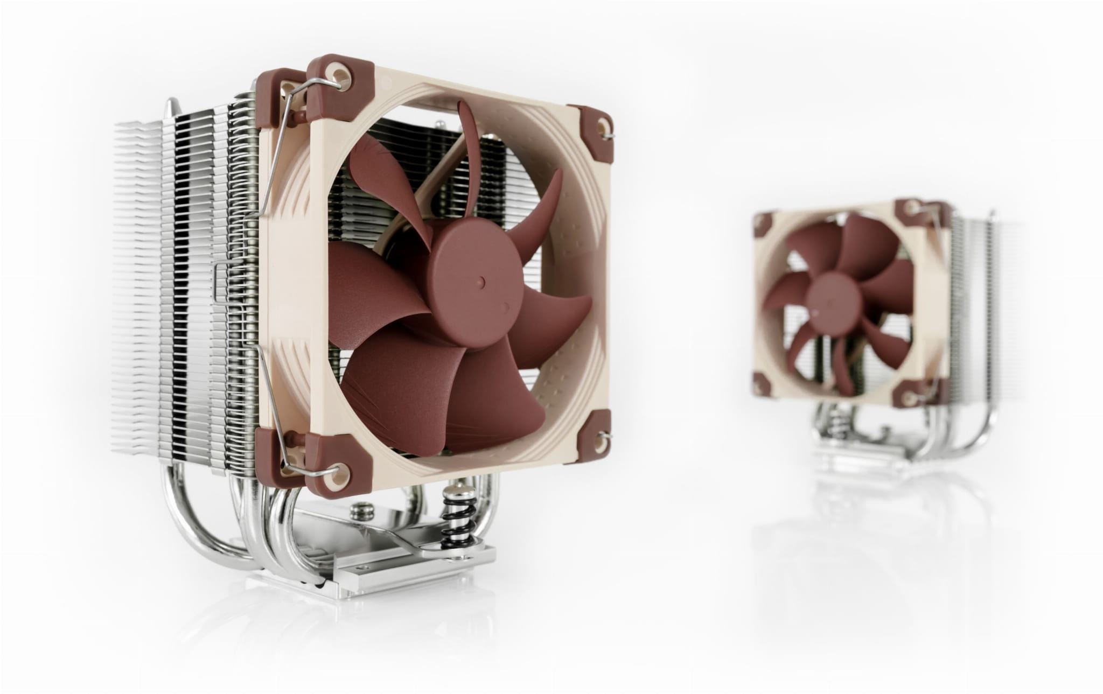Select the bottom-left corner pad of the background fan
point(762,383)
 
